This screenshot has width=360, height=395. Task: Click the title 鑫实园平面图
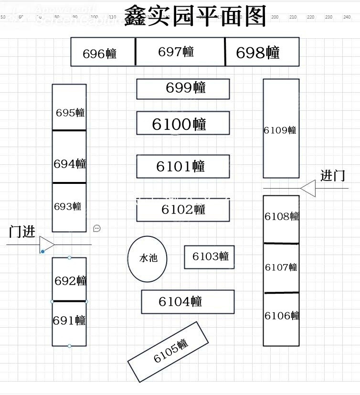click(194, 17)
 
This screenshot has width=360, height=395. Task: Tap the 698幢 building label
click(258, 53)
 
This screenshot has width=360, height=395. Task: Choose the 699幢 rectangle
click(183, 89)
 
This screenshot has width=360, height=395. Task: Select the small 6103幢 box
click(210, 257)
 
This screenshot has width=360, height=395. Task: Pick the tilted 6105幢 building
click(169, 352)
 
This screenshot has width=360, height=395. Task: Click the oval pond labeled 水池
click(148, 259)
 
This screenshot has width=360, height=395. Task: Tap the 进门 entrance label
click(333, 176)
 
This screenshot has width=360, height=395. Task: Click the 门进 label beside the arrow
click(22, 232)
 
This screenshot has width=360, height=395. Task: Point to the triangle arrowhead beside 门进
click(46, 244)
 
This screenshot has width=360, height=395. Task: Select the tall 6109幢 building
click(281, 129)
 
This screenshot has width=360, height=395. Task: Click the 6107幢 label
click(281, 267)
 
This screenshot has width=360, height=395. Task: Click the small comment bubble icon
click(97, 228)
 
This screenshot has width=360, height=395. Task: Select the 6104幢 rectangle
click(188, 302)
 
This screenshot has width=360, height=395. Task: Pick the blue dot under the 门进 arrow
click(42, 251)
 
